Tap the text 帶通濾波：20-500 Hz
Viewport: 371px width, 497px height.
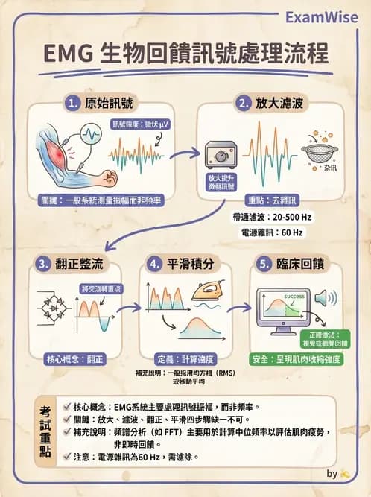pos(270,215)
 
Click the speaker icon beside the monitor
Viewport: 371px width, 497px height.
pos(321,299)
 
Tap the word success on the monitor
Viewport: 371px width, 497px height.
pos(294,296)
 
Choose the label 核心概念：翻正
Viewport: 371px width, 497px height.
pos(74,358)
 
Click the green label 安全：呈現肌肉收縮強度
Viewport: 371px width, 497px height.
pos(297,358)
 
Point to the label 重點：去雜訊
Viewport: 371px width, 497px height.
pos(270,200)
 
